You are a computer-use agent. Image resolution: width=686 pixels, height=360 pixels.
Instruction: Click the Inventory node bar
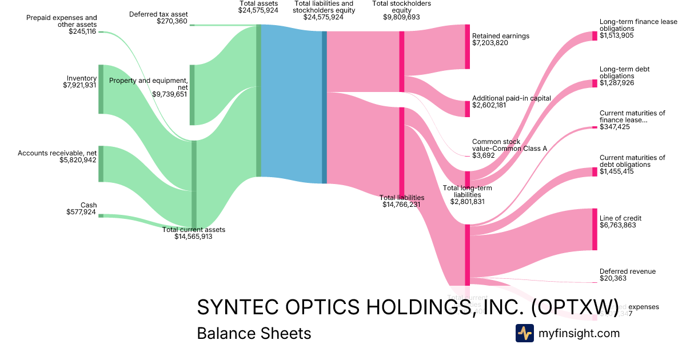coord(101,89)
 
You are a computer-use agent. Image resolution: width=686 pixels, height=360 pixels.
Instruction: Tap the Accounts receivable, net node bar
coord(101,164)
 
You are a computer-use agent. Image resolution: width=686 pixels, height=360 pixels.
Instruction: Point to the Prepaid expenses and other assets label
coord(62,21)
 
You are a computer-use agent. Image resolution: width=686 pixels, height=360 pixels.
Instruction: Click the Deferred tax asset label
coord(158,14)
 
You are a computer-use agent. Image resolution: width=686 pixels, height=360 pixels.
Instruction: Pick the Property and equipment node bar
coord(192,95)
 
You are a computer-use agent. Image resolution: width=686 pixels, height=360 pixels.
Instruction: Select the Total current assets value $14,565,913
coord(193,237)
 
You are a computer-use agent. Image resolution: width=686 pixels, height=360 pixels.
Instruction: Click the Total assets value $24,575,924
coord(258,10)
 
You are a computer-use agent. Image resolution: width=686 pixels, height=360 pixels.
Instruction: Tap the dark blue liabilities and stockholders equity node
coord(324,107)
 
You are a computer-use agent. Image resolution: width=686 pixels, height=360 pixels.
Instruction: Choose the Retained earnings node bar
coord(467,47)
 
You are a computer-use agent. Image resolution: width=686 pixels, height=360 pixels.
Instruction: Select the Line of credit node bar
coord(595,229)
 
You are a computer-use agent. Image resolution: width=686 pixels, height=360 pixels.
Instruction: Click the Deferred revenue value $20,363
coord(613,278)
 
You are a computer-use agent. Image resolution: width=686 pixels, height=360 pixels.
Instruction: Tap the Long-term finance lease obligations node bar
coord(595,36)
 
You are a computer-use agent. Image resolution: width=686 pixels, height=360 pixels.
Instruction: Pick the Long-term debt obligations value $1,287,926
coord(617,83)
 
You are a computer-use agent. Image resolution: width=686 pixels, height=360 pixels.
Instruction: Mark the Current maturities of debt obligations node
coord(595,172)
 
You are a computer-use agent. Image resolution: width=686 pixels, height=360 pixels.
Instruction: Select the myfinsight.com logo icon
coord(524,333)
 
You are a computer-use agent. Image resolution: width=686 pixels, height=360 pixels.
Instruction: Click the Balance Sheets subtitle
coord(254,333)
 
